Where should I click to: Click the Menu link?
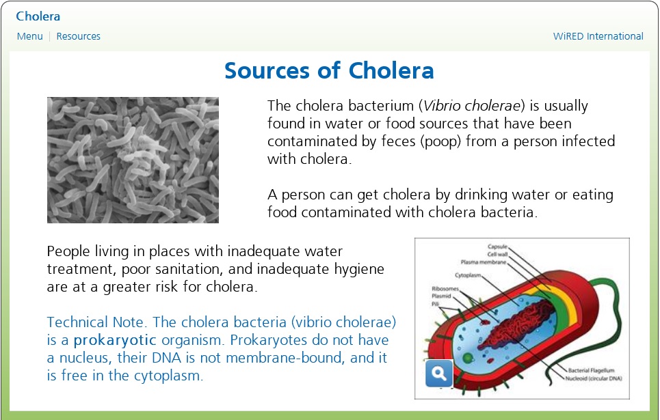(x=30, y=36)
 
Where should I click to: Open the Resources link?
(x=78, y=36)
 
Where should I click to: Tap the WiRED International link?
(x=598, y=36)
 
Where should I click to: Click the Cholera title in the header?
(x=38, y=16)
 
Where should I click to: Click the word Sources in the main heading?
(x=267, y=70)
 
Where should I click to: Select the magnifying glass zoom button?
(x=439, y=374)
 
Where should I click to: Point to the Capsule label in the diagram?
(x=497, y=247)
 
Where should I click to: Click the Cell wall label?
(x=497, y=254)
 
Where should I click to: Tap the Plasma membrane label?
(x=484, y=262)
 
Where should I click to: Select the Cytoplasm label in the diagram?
(x=468, y=275)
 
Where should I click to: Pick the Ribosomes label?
(x=445, y=289)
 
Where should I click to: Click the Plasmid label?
(x=441, y=296)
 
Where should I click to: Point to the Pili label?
(x=435, y=303)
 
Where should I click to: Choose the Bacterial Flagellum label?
(x=592, y=370)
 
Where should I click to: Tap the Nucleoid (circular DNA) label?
(x=594, y=378)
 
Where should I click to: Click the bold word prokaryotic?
(x=114, y=340)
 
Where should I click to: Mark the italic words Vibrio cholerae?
(x=472, y=106)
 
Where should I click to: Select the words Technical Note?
(x=96, y=322)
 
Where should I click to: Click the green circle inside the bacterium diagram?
(x=468, y=359)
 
